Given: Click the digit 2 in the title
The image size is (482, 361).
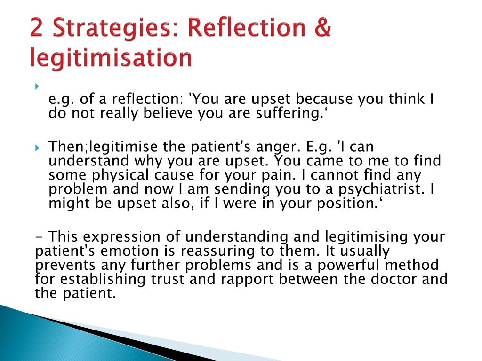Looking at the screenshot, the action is point(37,28).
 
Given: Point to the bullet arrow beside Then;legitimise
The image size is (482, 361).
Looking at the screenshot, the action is point(37,148).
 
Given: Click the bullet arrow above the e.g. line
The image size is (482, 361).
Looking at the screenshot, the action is point(37,86).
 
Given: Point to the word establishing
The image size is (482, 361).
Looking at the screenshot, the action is point(103,280).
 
